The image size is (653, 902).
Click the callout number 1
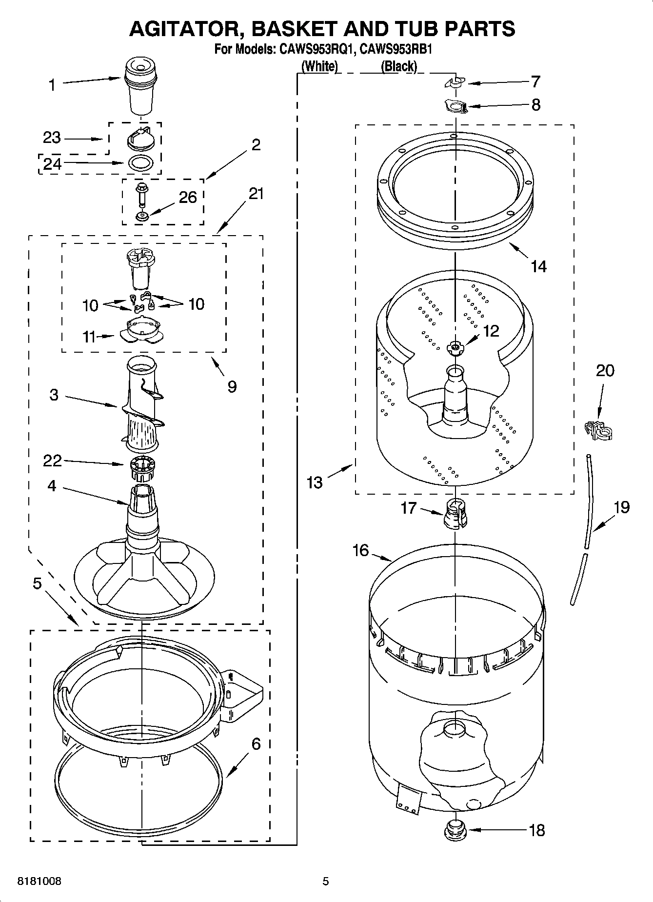pyautogui.click(x=52, y=85)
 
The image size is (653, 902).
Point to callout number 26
pyautogui.click(x=188, y=198)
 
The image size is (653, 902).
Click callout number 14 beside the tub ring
pyautogui.click(x=538, y=266)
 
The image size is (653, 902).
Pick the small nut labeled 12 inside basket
pyautogui.click(x=455, y=347)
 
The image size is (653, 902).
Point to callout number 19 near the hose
pyautogui.click(x=621, y=507)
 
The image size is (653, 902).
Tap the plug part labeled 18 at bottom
pyautogui.click(x=455, y=830)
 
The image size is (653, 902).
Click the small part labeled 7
pyautogui.click(x=455, y=83)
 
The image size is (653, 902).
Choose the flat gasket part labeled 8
pyautogui.click(x=455, y=106)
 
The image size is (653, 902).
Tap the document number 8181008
pyautogui.click(x=40, y=882)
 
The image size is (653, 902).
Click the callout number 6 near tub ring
pyautogui.click(x=256, y=744)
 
